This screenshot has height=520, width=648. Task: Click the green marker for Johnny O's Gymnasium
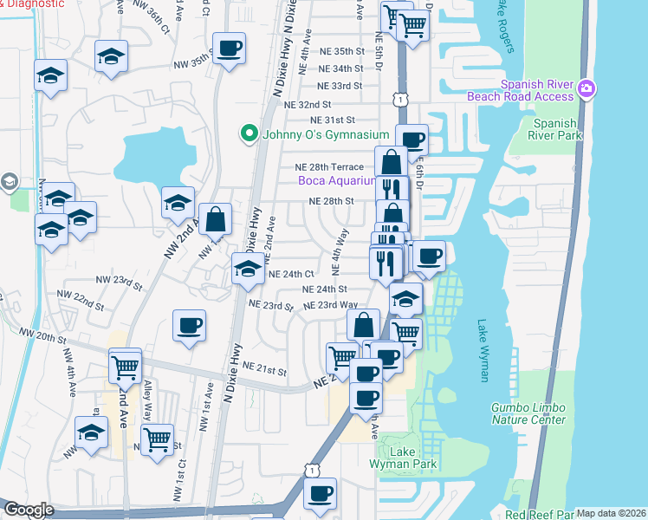pyautogui.click(x=249, y=133)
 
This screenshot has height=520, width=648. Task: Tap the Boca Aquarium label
pyautogui.click(x=337, y=181)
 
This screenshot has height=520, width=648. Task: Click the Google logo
pyautogui.click(x=29, y=510)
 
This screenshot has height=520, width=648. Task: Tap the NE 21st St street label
pyautogui.click(x=264, y=370)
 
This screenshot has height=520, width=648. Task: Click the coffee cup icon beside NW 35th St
pyautogui.click(x=229, y=49)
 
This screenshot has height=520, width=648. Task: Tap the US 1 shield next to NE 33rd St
pyautogui.click(x=399, y=101)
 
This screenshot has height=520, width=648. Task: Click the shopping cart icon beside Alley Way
pyautogui.click(x=157, y=439)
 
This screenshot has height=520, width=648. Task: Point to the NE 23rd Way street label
pyautogui.click(x=330, y=305)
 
